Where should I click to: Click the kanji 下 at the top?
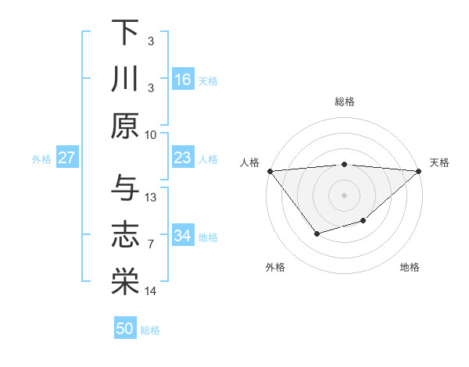[125, 33]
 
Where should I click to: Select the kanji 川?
[125, 80]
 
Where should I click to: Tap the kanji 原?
[125, 126]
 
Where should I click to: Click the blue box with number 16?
[183, 80]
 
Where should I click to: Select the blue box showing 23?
[183, 158]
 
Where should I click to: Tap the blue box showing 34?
[183, 236]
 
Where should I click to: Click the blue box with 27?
[67, 158]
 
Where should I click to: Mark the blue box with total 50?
[125, 329]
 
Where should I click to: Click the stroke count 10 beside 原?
[152, 134]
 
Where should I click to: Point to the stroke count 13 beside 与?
[152, 197]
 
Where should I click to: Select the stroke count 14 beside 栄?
[152, 291]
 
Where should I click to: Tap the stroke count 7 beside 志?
[152, 244]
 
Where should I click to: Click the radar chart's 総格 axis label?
[344, 102]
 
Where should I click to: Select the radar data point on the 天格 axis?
[419, 170]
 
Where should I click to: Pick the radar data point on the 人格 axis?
[270, 170]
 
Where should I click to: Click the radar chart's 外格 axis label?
[275, 267]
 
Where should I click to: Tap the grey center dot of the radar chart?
[344, 194]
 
